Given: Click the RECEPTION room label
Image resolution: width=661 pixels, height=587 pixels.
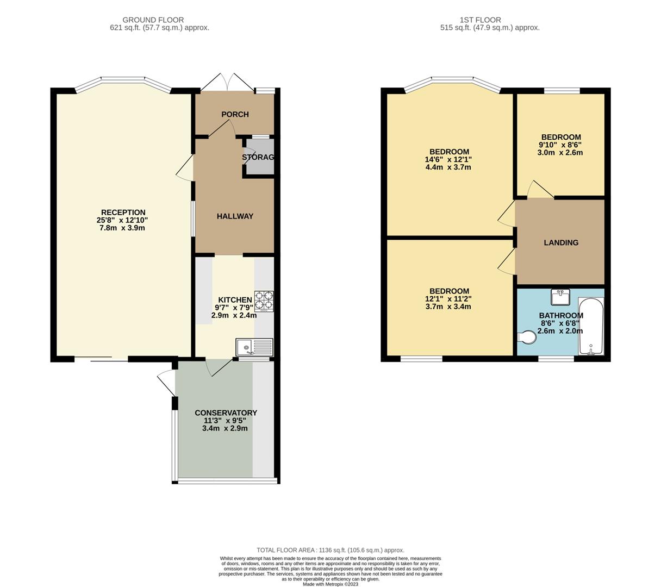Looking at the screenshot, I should pos(123,213).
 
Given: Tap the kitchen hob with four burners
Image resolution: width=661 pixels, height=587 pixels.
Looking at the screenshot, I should pos(264,301).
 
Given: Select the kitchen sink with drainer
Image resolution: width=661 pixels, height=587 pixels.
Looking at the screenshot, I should pos(254,347).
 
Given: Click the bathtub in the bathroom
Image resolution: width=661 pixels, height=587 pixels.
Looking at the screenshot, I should pos(590,326).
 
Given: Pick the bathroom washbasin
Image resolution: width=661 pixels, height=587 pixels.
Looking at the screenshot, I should pos(560,297).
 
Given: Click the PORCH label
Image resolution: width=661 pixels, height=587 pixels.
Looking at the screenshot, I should pos(235,114).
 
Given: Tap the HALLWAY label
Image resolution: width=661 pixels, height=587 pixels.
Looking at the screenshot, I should pos(235,216).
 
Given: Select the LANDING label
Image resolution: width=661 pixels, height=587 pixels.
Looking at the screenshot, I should pos(561,243).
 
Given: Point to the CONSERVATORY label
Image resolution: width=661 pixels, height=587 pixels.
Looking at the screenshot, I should pos(226,413).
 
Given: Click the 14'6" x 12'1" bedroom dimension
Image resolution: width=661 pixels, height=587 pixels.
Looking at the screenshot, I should pos(448,160).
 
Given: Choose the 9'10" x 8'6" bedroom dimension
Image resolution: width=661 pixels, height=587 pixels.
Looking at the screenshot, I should pos(560,145).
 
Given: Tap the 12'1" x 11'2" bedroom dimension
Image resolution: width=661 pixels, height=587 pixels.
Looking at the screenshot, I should pos(448,299).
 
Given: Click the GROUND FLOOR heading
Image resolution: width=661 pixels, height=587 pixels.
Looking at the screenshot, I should pos(153,20).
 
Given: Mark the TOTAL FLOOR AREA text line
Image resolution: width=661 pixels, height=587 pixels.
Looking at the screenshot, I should pos(330,550).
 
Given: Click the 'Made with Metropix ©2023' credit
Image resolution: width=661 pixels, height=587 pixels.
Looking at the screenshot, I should pos(330,584).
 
